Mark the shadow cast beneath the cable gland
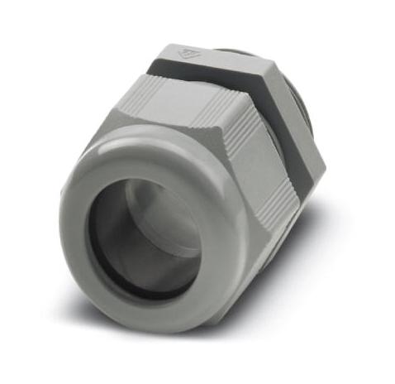point(248,331)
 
